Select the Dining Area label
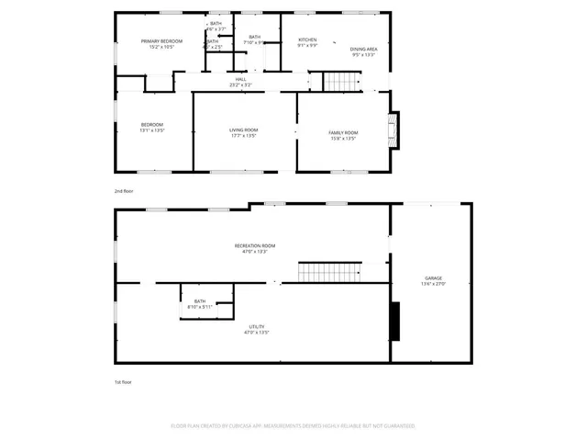point(364,49)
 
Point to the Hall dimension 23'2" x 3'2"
point(240,85)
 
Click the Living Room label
point(243,130)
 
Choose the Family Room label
point(343,133)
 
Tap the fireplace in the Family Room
point(393,130)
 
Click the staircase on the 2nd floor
point(341,83)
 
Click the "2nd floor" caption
point(124,191)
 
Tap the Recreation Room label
point(255,245)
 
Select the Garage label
point(433,277)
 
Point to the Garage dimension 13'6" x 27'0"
point(433,284)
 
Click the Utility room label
point(257,326)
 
